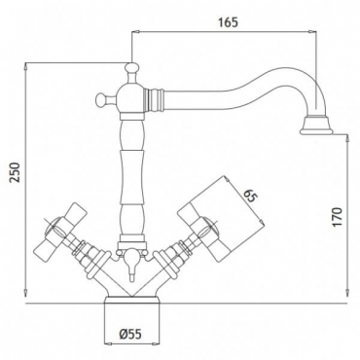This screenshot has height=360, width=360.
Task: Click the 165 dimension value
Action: click(x=228, y=22)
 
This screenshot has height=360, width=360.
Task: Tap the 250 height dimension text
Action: click(x=15, y=172)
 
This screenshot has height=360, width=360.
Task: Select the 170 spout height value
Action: click(x=338, y=217)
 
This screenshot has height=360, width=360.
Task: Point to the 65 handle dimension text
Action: click(x=249, y=197)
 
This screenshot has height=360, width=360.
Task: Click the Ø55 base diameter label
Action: click(x=130, y=334)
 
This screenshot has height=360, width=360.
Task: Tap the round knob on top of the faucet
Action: click(x=131, y=68)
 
